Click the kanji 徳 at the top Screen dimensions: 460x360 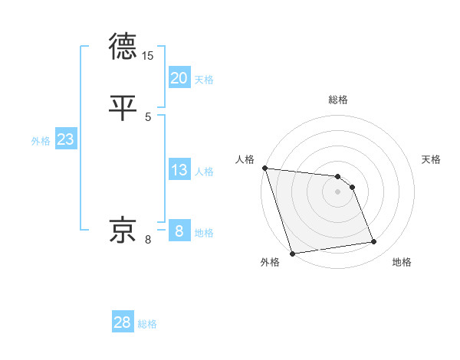click(x=123, y=46)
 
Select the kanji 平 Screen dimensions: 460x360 click(x=123, y=107)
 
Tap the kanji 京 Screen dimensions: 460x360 click(x=123, y=230)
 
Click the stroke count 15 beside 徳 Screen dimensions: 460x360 click(x=148, y=56)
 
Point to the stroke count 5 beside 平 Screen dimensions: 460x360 click(x=148, y=116)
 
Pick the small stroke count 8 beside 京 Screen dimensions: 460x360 click(x=148, y=240)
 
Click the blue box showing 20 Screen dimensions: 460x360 click(x=179, y=77)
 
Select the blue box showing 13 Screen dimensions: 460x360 click(x=179, y=170)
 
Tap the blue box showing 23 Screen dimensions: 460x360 click(x=65, y=139)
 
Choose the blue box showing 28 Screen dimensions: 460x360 click(x=123, y=322)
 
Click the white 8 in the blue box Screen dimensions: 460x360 click(x=179, y=231)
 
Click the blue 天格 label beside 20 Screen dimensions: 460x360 click(x=204, y=80)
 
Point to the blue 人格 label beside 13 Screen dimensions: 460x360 click(x=204, y=172)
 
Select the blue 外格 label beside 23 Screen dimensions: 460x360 click(x=41, y=141)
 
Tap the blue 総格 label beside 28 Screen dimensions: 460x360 click(x=147, y=324)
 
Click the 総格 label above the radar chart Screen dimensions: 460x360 click(x=338, y=100)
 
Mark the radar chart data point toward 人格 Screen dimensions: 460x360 click(x=264, y=168)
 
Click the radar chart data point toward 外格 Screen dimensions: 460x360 click(x=292, y=253)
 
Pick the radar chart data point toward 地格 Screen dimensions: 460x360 click(x=374, y=242)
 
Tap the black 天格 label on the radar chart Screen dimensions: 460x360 click(x=432, y=159)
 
